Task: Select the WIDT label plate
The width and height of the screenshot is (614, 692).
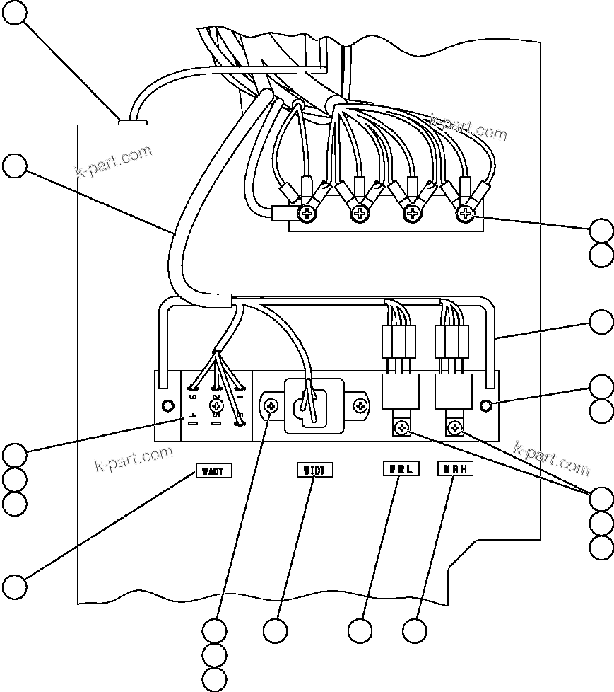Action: tap(313, 470)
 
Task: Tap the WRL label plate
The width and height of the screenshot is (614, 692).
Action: tap(400, 468)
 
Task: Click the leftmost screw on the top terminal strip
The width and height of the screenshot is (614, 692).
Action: tap(308, 212)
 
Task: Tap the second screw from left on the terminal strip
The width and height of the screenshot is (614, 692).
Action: tap(360, 212)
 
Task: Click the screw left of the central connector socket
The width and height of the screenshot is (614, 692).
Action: tap(272, 406)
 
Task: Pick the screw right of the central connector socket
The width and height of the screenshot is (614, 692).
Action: tap(361, 406)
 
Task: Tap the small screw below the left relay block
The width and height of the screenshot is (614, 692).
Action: tap(401, 427)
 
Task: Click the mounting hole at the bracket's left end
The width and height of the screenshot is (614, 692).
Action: tap(168, 406)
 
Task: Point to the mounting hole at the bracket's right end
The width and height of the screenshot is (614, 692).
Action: tap(485, 405)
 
